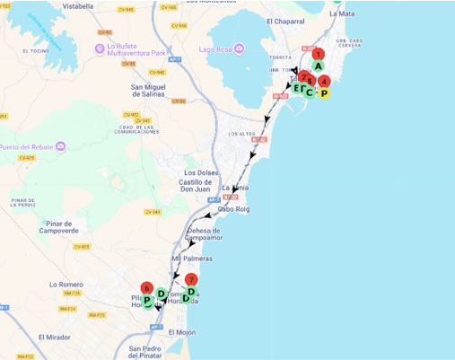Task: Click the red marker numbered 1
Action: click(318, 55)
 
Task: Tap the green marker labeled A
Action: click(318, 66)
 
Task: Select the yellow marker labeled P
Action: click(324, 92)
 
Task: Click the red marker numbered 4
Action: click(325, 81)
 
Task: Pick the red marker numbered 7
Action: click(192, 280)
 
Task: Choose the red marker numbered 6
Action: click(146, 288)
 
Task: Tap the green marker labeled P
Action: click(146, 301)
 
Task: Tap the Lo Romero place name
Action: click(66, 284)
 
